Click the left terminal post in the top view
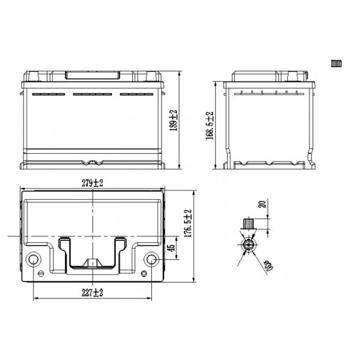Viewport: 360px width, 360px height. pos(33,261)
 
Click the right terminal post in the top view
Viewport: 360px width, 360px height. pos(153,261)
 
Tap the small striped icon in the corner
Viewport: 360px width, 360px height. pos(336,63)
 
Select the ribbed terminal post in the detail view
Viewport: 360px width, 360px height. pos(248,225)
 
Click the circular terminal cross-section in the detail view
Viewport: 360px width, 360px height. pos(249,245)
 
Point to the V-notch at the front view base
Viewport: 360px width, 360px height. pos(93,160)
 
